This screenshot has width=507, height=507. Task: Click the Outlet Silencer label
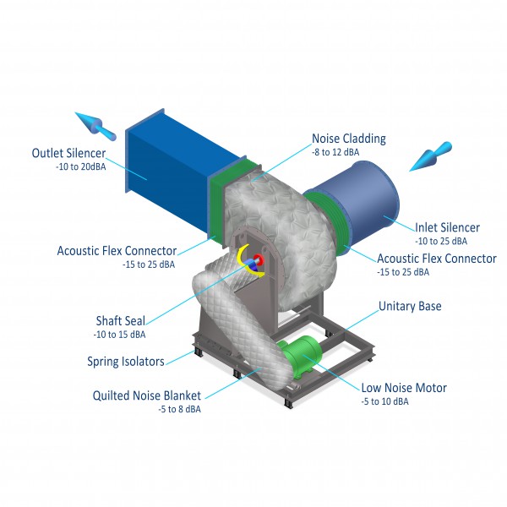[68, 153]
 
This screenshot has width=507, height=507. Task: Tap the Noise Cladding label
[349, 139]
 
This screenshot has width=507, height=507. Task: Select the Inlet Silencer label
[447, 227]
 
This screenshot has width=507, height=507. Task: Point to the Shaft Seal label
[121, 321]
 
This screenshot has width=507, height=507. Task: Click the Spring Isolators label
[126, 361]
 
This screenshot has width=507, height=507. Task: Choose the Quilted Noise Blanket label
[147, 395]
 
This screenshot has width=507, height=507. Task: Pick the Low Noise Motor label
[404, 387]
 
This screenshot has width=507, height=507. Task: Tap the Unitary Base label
[410, 306]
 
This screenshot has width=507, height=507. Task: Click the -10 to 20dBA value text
[81, 166]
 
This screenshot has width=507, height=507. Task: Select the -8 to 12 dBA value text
[335, 152]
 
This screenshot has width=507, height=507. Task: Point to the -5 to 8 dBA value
[179, 409]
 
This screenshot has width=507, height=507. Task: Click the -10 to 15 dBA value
[119, 335]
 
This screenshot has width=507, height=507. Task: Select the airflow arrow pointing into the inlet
[431, 156]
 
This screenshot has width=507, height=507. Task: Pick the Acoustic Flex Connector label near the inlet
[437, 259]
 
